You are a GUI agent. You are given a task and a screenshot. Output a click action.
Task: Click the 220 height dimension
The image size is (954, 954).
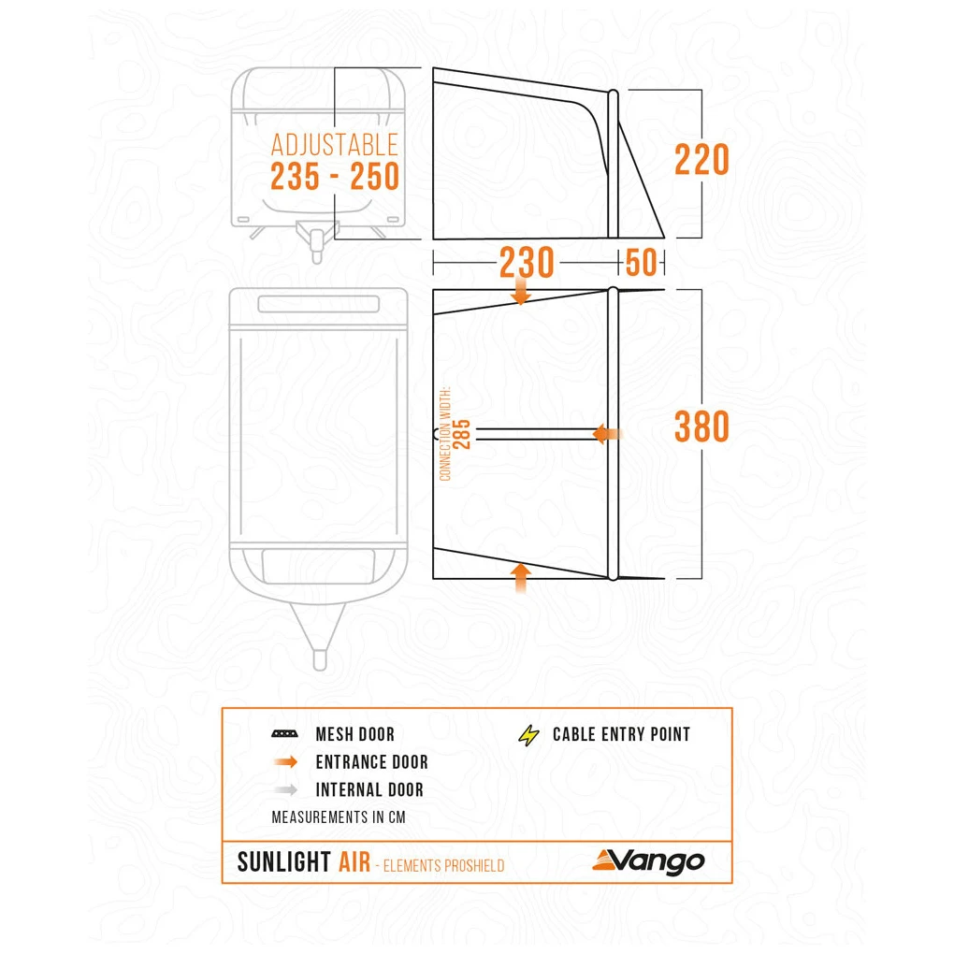(701, 159)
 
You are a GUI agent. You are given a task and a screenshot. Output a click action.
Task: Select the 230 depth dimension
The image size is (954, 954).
(527, 262)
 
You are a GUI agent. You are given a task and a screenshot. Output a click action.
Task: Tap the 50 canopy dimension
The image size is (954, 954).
(641, 262)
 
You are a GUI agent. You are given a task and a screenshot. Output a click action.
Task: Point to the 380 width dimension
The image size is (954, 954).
(701, 426)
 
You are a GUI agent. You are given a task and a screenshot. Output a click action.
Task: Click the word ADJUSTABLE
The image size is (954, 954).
(335, 145)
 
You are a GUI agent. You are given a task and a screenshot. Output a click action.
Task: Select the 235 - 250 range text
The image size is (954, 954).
(335, 177)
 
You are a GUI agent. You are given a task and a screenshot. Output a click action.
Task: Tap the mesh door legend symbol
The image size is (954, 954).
(284, 734)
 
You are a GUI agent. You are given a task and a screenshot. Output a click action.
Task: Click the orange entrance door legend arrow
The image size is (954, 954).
(285, 761)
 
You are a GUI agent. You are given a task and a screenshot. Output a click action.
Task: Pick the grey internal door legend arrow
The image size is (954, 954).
(285, 789)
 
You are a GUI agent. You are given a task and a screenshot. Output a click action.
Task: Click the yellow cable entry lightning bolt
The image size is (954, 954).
(528, 735)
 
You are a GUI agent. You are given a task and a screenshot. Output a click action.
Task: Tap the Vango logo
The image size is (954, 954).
(648, 861)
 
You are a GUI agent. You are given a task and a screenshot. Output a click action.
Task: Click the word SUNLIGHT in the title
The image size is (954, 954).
(283, 862)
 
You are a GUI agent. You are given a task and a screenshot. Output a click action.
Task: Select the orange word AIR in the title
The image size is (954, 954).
(354, 862)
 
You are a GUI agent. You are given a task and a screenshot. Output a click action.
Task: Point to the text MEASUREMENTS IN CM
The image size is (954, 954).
(339, 817)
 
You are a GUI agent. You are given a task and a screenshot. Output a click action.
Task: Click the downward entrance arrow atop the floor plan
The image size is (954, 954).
(521, 290)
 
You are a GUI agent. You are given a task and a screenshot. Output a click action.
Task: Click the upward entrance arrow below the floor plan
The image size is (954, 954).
(521, 578)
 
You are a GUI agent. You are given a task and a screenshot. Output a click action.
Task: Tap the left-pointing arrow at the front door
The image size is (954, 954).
(607, 434)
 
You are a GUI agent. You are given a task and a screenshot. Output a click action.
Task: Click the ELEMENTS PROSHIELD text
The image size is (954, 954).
(443, 866)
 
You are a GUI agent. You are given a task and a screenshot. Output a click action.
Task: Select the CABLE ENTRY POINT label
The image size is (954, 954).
(621, 734)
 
